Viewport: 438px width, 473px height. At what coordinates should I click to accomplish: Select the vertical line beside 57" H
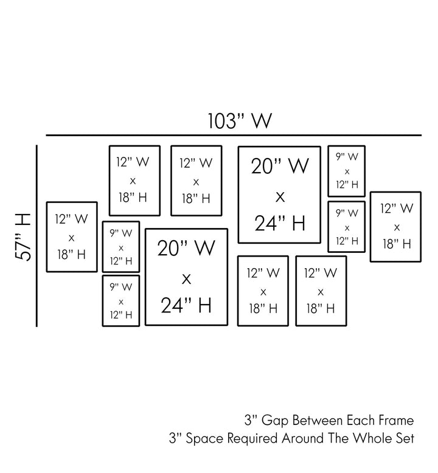tap(38, 236)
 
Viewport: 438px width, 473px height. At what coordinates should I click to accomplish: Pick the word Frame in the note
tap(396, 420)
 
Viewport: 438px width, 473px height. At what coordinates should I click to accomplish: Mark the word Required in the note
tap(254, 438)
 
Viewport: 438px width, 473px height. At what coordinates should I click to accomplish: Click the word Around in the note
tap(304, 438)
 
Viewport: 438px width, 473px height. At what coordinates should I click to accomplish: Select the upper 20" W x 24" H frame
tap(279, 195)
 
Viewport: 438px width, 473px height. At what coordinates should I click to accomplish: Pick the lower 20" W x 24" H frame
tap(186, 277)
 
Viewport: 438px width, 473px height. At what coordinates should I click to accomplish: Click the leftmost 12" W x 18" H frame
tap(72, 236)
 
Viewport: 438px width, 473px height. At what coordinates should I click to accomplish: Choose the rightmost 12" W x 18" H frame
tap(396, 226)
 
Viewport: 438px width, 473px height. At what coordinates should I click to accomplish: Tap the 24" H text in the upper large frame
tap(280, 224)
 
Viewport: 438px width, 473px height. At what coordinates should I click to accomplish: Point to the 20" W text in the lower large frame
tap(186, 248)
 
